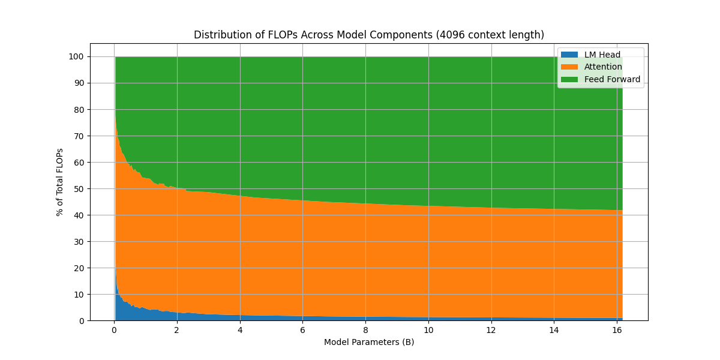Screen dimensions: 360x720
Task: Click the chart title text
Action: pyautogui.click(x=368, y=35)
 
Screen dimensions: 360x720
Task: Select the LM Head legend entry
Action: pyautogui.click(x=602, y=55)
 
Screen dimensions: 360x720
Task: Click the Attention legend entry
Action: pyautogui.click(x=603, y=67)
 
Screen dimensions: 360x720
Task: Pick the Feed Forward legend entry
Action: pyautogui.click(x=612, y=79)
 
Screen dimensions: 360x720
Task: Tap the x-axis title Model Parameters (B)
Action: pyautogui.click(x=368, y=343)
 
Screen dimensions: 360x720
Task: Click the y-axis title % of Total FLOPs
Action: pyautogui.click(x=60, y=182)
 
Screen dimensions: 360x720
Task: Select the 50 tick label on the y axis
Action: pyautogui.click(x=80, y=189)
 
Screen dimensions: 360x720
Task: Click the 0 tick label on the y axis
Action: pyautogui.click(x=82, y=321)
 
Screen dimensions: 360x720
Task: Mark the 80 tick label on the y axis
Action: pyautogui.click(x=80, y=110)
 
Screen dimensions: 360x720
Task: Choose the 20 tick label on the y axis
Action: pyautogui.click(x=80, y=268)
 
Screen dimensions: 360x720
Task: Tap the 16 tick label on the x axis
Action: pyautogui.click(x=617, y=329)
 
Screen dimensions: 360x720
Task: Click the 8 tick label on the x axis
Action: pyautogui.click(x=365, y=329)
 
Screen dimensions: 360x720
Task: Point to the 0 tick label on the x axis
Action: pyautogui.click(x=114, y=329)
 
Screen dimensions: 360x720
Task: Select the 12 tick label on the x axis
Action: pyautogui.click(x=491, y=329)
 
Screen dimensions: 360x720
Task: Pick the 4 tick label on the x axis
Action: pyautogui.click(x=240, y=329)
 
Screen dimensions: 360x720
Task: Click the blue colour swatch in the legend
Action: pyautogui.click(x=569, y=55)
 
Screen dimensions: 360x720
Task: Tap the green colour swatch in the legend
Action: pyautogui.click(x=569, y=79)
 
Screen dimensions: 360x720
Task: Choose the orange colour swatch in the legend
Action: pyautogui.click(x=569, y=67)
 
